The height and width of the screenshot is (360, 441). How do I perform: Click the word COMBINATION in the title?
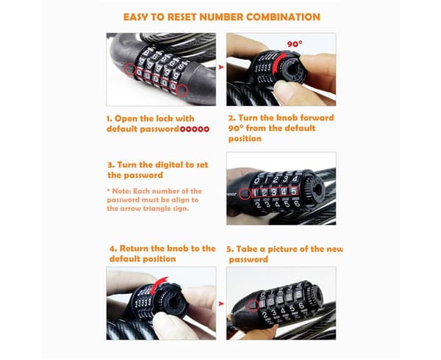(x=283, y=17)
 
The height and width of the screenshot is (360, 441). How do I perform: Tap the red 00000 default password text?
(x=195, y=129)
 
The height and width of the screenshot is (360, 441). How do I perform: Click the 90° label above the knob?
(x=295, y=44)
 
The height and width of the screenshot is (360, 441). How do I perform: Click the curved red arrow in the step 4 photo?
(x=157, y=285)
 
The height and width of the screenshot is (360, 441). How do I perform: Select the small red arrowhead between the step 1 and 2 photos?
(x=221, y=68)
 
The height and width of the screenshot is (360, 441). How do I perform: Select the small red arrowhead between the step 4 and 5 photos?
(x=221, y=303)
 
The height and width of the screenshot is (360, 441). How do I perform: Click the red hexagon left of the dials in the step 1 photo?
(x=129, y=69)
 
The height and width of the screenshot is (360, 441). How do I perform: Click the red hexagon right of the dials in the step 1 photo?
(x=182, y=90)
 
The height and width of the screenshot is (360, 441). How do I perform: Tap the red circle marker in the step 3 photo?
(x=245, y=194)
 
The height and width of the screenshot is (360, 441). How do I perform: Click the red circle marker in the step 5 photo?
(x=253, y=305)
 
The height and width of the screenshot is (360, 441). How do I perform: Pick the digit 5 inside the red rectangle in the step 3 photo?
(x=294, y=191)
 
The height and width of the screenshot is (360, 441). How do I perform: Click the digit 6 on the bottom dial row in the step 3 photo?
(x=297, y=204)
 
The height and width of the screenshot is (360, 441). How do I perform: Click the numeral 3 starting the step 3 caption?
(x=110, y=165)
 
